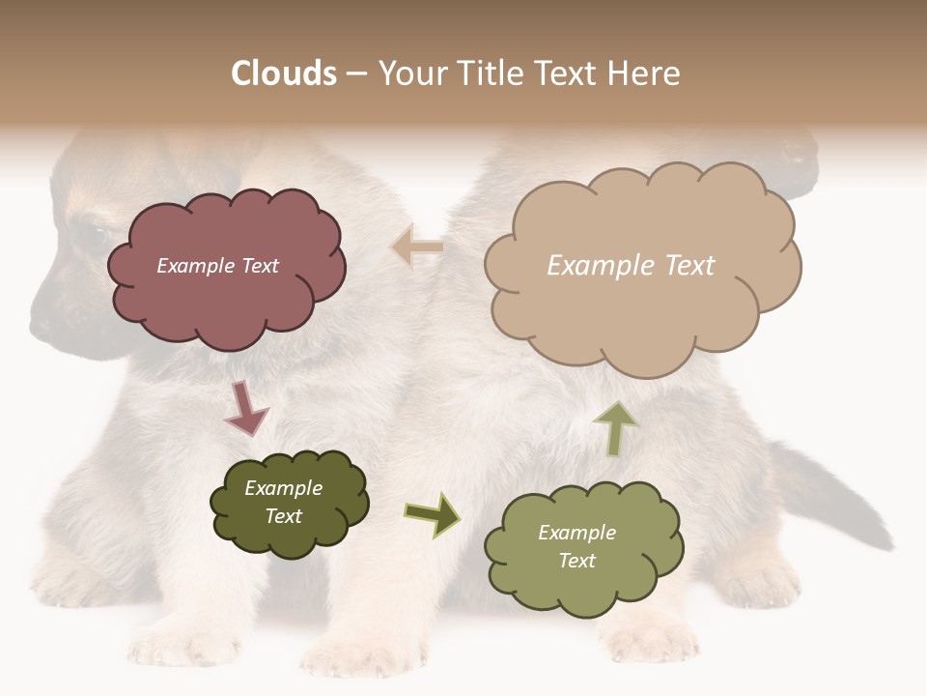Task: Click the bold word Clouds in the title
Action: click(284, 73)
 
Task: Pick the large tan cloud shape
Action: click(642, 309)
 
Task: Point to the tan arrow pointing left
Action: click(417, 247)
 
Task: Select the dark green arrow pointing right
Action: click(433, 513)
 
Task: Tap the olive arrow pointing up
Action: click(614, 428)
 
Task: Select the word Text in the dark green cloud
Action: click(283, 516)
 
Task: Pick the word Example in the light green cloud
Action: click(576, 533)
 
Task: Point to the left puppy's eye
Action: click(93, 233)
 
